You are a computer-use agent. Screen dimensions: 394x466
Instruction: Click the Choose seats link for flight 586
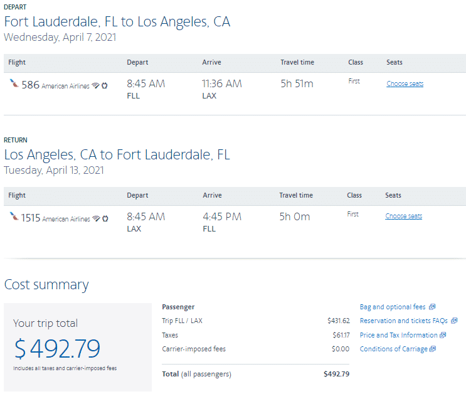click(x=405, y=83)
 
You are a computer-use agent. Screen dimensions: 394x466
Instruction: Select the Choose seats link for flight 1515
click(x=403, y=216)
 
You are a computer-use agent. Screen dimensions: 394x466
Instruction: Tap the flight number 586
click(x=30, y=85)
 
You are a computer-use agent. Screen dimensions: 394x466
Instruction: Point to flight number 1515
click(x=30, y=218)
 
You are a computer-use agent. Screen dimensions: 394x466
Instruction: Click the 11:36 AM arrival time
click(x=221, y=83)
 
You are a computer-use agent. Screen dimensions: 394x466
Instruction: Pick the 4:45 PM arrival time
click(x=223, y=216)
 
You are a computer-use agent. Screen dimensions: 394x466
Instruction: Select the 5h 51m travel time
click(x=297, y=83)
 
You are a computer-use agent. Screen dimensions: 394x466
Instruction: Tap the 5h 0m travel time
click(x=295, y=216)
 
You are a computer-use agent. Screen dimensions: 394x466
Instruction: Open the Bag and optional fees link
click(x=393, y=307)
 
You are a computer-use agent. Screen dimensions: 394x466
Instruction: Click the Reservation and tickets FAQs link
click(x=404, y=321)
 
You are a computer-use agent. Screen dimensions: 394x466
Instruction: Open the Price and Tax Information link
click(x=399, y=335)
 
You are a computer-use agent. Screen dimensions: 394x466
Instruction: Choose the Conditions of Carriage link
click(x=394, y=349)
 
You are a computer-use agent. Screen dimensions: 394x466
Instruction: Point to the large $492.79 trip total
click(x=57, y=348)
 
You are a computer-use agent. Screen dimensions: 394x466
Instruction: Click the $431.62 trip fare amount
click(x=338, y=321)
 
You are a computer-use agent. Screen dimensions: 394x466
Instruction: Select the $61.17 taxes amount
click(x=341, y=335)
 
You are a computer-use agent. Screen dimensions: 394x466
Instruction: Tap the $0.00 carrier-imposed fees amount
click(x=341, y=349)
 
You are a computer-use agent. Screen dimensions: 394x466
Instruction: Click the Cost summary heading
click(x=46, y=285)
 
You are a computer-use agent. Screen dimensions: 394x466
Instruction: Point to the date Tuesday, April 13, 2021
click(x=54, y=170)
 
